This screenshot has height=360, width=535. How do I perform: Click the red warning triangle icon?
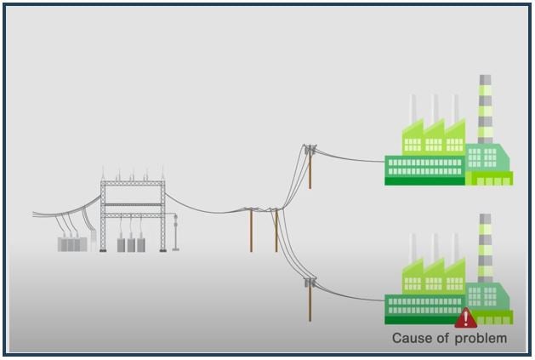pos(465,318)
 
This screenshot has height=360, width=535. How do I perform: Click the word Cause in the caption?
pos(410,339)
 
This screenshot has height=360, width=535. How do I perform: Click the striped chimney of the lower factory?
pos(485,247)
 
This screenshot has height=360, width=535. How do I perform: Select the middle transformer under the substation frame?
pos(132,244)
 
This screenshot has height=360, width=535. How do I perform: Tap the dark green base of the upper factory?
pos(424,180)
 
